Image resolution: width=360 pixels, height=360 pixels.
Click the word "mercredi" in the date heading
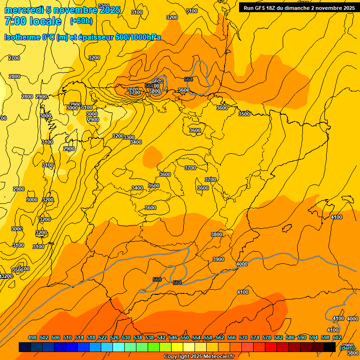click(24, 10)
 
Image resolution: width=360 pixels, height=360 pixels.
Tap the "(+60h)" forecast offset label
click(81, 21)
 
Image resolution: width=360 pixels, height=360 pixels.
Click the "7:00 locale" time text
click(33, 21)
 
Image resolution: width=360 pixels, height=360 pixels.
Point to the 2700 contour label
click(14, 58)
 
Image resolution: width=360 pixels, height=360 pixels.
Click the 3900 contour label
click(218, 259)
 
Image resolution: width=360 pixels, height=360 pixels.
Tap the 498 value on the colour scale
click(32, 337)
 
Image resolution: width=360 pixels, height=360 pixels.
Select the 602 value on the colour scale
click(337, 337)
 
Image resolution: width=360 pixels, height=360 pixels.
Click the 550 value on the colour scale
click(185, 337)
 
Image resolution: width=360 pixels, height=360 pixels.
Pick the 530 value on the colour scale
click(126, 337)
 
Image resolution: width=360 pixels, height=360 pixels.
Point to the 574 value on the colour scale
click(255, 337)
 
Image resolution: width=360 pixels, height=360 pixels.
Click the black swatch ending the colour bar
click(330, 347)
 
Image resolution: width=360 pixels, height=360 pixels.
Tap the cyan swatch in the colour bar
click(119, 347)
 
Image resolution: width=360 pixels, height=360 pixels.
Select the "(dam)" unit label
click(347, 347)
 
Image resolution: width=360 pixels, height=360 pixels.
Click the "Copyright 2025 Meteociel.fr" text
click(199, 357)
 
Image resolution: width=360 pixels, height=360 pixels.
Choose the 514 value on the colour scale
click(79, 337)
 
